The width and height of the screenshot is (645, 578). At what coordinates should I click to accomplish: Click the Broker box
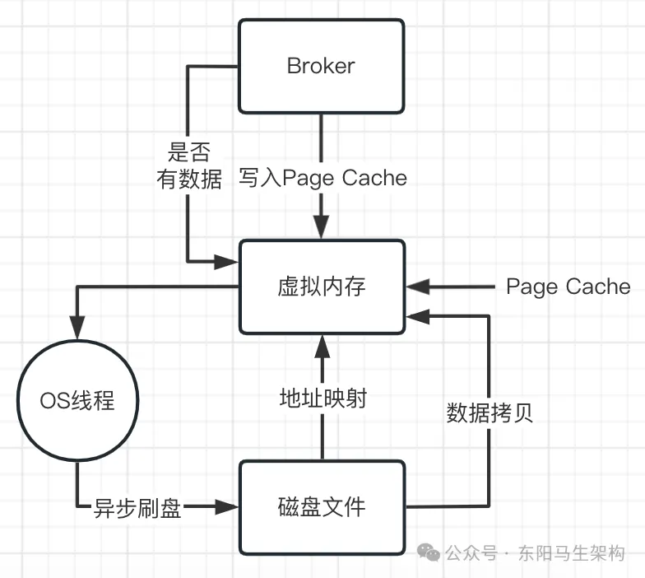click(x=321, y=66)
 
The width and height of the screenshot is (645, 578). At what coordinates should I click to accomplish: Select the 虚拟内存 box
click(x=321, y=287)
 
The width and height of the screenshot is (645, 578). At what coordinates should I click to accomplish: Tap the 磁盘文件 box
click(x=321, y=506)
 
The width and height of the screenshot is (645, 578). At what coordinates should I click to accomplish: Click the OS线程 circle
click(x=77, y=402)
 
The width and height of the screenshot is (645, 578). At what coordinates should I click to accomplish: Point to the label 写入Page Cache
click(x=322, y=178)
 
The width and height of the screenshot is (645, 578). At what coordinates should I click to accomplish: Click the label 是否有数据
click(x=190, y=165)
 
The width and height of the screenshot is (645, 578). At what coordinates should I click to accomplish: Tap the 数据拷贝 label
click(x=490, y=412)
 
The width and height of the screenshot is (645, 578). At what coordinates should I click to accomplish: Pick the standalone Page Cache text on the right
click(x=568, y=287)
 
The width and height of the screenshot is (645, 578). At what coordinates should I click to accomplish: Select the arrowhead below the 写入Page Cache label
click(x=321, y=228)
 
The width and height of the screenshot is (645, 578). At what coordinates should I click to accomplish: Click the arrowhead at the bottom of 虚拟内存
click(x=321, y=345)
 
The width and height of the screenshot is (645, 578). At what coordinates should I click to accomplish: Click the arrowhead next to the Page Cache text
click(x=417, y=287)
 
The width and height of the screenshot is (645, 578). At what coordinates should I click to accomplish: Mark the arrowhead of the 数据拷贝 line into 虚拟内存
click(x=417, y=313)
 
